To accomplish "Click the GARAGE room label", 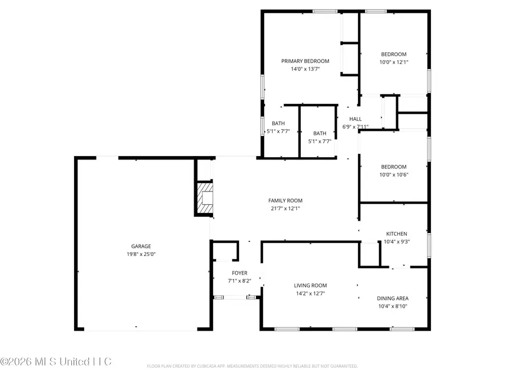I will tap(141, 246).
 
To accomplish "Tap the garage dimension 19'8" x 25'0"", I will tap(141, 254).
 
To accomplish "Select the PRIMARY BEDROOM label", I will tap(305, 61).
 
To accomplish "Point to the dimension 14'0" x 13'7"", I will tap(305, 70).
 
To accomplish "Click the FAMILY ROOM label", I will tap(289, 200).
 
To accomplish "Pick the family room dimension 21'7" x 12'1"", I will tap(289, 209).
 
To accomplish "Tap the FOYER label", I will tap(240, 273).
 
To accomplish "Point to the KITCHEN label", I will tap(396, 234).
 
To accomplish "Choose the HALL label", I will tap(356, 119).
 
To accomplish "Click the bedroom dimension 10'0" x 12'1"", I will tap(393, 62).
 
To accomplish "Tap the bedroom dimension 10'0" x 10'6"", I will tap(393, 175).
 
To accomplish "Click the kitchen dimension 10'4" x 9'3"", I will tap(396, 242).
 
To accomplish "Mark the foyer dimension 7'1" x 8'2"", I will tap(240, 281).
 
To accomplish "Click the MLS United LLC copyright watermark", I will tap(56, 361).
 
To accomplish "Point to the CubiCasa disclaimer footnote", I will tap(252, 366).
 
